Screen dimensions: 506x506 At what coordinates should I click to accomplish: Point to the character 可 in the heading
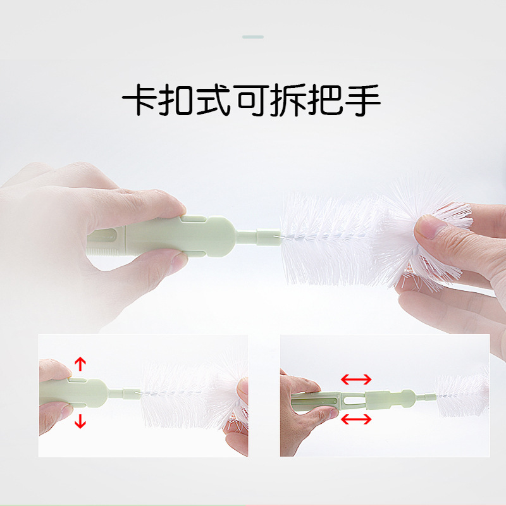(x=251, y=100)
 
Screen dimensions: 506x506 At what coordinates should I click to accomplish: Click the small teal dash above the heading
(x=253, y=37)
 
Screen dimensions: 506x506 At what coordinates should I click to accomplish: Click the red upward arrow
(x=80, y=364)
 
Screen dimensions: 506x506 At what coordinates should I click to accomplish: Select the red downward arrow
(x=80, y=421)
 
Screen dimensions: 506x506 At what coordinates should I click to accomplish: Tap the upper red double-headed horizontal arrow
(x=356, y=379)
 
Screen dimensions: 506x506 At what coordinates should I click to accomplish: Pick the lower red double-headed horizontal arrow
(x=356, y=419)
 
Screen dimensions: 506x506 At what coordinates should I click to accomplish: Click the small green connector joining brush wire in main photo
(x=268, y=237)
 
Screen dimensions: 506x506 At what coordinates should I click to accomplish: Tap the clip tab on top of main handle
(x=194, y=218)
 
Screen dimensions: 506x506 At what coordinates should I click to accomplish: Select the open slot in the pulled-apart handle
(x=354, y=400)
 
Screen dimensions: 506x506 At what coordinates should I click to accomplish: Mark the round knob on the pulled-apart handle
(x=408, y=397)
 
